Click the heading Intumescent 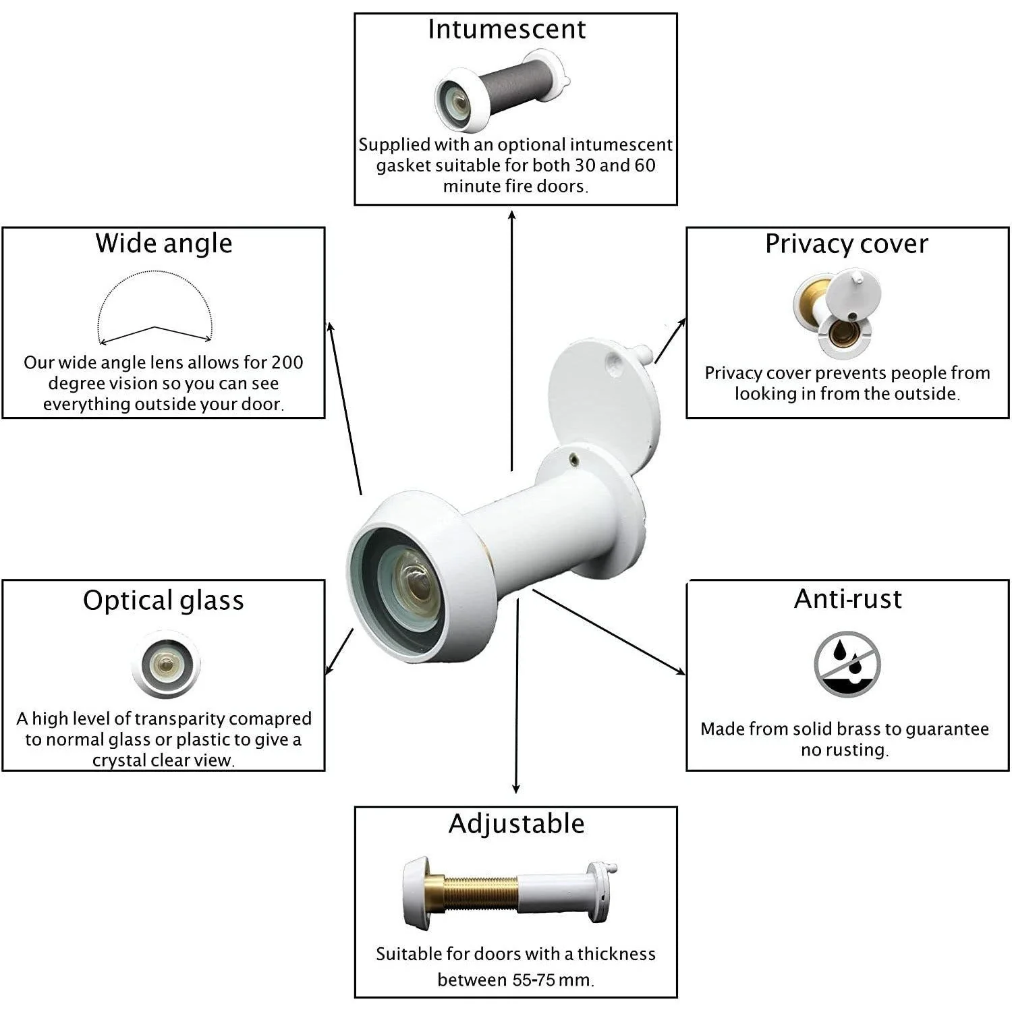click(x=507, y=30)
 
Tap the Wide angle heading click(x=164, y=244)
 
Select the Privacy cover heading click(x=847, y=244)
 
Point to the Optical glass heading click(x=163, y=600)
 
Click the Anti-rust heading click(x=848, y=598)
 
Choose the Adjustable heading click(x=517, y=824)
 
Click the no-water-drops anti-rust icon click(x=847, y=664)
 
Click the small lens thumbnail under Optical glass click(x=165, y=665)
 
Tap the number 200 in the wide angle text click(x=287, y=362)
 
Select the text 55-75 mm click(x=551, y=980)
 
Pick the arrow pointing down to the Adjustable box click(x=517, y=695)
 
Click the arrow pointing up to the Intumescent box click(x=512, y=340)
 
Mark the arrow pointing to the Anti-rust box click(x=609, y=632)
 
